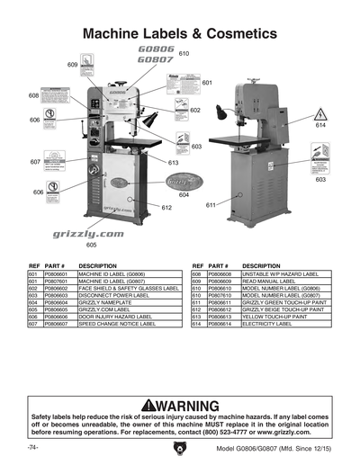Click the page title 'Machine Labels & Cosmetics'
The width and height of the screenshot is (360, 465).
click(x=180, y=33)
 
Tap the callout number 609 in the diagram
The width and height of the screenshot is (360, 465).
click(x=73, y=65)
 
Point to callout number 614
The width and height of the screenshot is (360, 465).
click(x=319, y=126)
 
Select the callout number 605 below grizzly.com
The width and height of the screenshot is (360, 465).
click(x=91, y=245)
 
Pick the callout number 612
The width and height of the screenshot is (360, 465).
click(x=166, y=208)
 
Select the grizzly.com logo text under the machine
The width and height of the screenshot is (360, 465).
click(x=86, y=232)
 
